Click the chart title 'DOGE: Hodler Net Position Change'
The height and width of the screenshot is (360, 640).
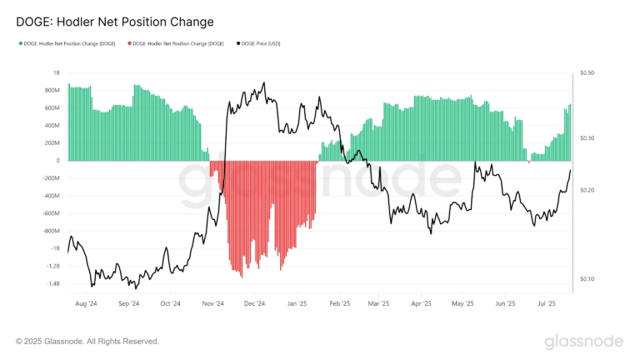coord(115,22)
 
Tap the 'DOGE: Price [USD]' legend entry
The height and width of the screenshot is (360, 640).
coord(261,43)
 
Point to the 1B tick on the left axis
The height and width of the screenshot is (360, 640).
coord(56,73)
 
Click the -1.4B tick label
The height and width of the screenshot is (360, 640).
coord(52,284)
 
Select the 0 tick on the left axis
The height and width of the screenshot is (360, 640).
coord(57,161)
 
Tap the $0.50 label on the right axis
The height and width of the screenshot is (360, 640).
coord(587,73)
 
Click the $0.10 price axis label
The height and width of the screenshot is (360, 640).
coord(587,279)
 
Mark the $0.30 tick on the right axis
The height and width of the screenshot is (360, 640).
coord(587,138)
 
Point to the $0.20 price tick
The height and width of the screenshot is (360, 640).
coord(587,191)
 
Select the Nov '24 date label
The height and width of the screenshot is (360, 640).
coord(213,305)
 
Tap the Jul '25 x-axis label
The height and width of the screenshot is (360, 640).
coord(547,305)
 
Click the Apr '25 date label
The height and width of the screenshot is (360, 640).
coord(422,305)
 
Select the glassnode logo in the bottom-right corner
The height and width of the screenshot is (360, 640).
coord(583,342)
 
